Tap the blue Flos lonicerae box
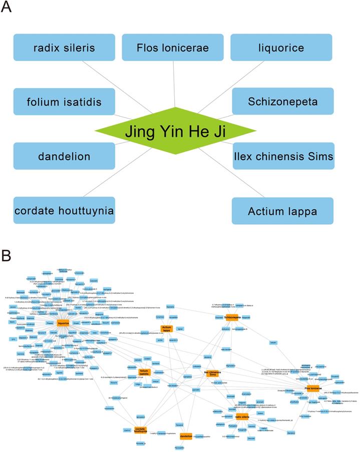[173, 48]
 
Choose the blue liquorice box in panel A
[281, 48]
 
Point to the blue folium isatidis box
[64, 102]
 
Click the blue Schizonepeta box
[283, 102]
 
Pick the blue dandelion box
[64, 156]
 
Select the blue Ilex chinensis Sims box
[283, 156]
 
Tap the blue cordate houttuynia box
[64, 211]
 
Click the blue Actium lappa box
[283, 211]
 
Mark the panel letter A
[7, 9]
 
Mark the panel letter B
[7, 256]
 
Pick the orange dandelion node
[186, 436]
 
